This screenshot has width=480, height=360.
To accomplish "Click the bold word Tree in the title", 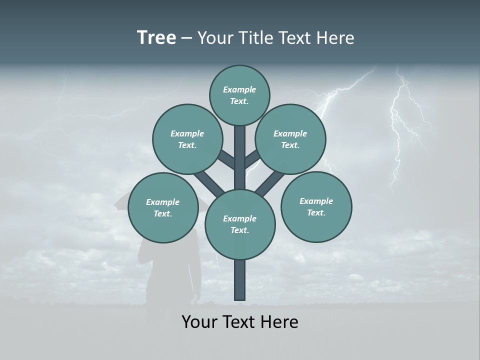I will tap(156, 37).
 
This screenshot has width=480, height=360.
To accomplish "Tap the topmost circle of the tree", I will tap(239, 95).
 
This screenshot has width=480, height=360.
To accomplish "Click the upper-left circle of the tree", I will tap(187, 139).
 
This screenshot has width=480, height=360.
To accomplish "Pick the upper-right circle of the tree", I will tap(290, 139).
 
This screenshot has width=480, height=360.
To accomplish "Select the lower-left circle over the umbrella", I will tap(163, 207).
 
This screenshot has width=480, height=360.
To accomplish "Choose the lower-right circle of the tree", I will tap(316, 206).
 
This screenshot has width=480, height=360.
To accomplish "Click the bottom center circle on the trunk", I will tap(240, 224).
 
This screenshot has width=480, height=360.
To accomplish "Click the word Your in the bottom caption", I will tap(199, 322).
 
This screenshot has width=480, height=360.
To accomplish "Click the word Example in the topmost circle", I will tap(239, 89).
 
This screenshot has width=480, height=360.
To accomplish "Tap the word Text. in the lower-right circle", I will tap(316, 212).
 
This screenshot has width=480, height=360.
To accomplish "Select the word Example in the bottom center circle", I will tap(239, 218).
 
